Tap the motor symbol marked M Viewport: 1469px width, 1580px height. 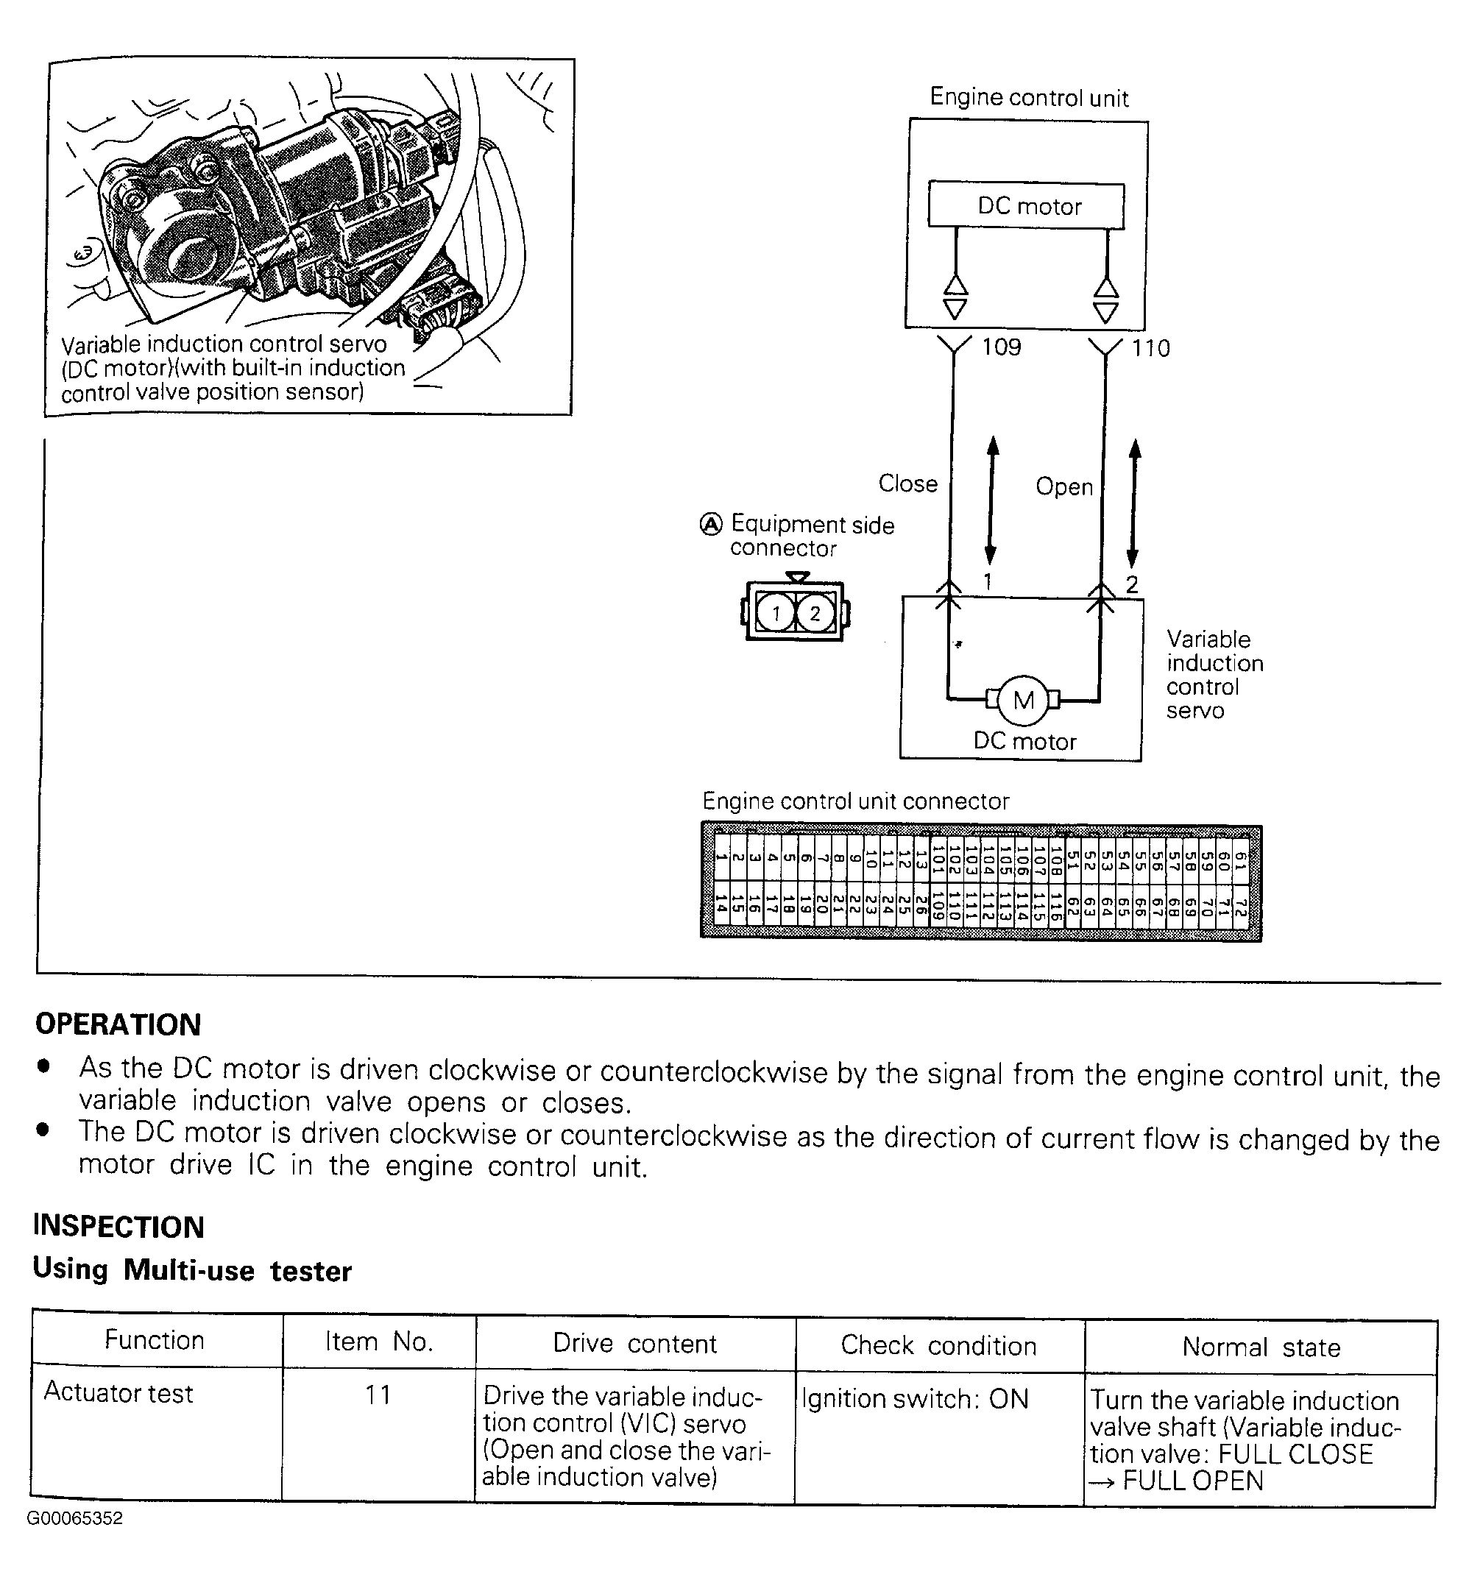point(1023,700)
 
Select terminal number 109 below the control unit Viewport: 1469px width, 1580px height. point(1001,347)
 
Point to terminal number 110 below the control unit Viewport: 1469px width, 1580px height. point(1150,348)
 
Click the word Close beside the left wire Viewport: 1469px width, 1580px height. point(907,483)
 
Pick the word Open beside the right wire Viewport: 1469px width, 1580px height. point(1063,486)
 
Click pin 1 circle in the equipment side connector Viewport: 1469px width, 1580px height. point(776,614)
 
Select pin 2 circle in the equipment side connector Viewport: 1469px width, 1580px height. point(814,614)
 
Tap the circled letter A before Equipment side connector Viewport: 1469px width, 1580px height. point(711,525)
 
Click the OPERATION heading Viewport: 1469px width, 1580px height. point(118,1024)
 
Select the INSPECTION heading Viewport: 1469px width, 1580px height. point(118,1226)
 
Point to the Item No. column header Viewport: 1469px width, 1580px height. point(378,1342)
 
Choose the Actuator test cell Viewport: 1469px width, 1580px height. point(118,1393)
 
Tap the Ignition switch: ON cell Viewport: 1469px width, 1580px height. point(915,1399)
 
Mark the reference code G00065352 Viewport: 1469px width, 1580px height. point(75,1519)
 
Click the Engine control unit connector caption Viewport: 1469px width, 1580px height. point(855,801)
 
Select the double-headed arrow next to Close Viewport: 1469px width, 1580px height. point(991,500)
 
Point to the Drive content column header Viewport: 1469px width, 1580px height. point(634,1343)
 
